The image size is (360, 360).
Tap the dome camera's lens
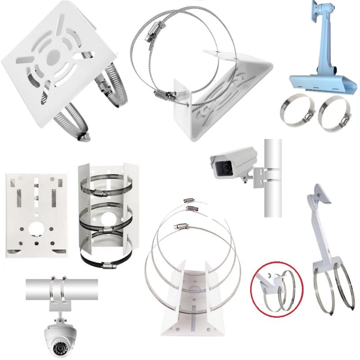[x=58, y=348]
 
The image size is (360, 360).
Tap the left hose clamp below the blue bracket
[x=295, y=110]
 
